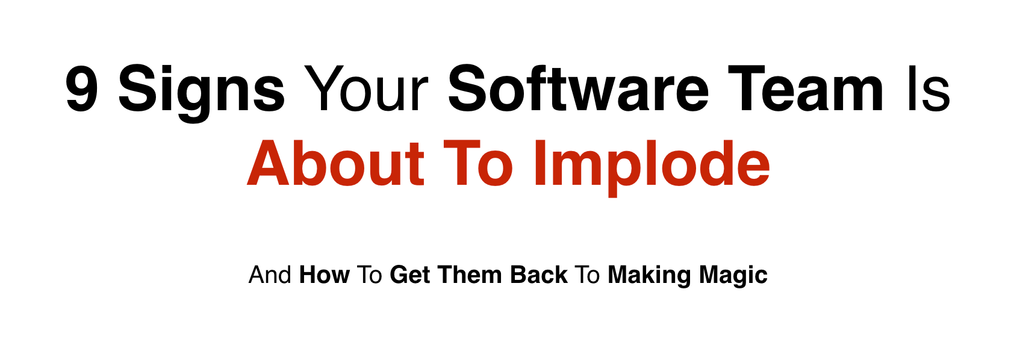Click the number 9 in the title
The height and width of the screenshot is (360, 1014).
click(81, 88)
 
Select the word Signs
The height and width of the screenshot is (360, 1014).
click(202, 93)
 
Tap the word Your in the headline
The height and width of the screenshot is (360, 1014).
click(365, 88)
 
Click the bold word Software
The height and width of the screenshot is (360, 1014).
click(578, 88)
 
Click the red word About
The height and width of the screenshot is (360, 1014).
click(335, 163)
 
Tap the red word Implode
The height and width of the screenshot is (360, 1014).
click(652, 168)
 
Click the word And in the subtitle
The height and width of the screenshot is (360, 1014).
click(270, 275)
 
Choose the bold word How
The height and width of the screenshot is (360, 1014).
click(325, 275)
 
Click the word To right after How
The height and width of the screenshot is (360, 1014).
click(369, 275)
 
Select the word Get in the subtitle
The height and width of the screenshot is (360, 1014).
click(409, 275)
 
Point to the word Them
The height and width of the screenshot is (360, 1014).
click(470, 275)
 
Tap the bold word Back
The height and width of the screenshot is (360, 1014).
click(539, 275)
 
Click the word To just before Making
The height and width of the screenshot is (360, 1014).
click(587, 275)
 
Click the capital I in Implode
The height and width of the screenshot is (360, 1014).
click(540, 163)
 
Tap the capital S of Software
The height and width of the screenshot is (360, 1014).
click(466, 88)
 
